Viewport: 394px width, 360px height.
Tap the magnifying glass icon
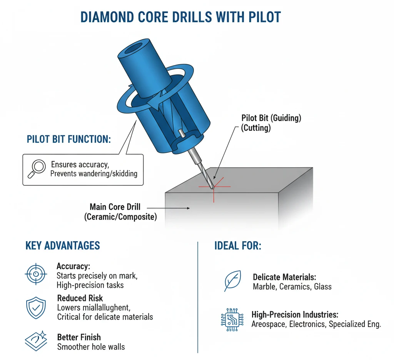[37, 169]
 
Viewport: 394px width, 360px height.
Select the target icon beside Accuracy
[36, 274]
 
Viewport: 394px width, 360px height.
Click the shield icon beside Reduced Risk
[36, 307]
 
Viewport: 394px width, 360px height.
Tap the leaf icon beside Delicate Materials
[232, 281]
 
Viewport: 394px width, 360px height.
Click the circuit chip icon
[232, 319]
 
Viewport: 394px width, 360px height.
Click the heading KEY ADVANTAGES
[62, 245]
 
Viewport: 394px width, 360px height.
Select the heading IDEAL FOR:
[237, 245]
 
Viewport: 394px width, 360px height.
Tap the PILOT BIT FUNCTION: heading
[69, 139]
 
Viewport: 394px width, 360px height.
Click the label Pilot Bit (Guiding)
[271, 118]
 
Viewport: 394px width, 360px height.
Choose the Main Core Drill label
[115, 207]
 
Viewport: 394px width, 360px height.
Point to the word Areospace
[269, 324]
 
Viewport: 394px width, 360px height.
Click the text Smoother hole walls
[91, 347]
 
